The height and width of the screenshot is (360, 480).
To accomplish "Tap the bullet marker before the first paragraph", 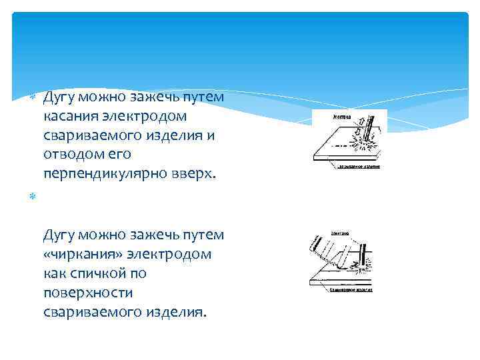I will tap(35, 97).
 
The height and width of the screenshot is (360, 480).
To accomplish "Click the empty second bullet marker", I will tap(35, 197).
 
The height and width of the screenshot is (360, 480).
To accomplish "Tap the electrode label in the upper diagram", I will tap(341, 116).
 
